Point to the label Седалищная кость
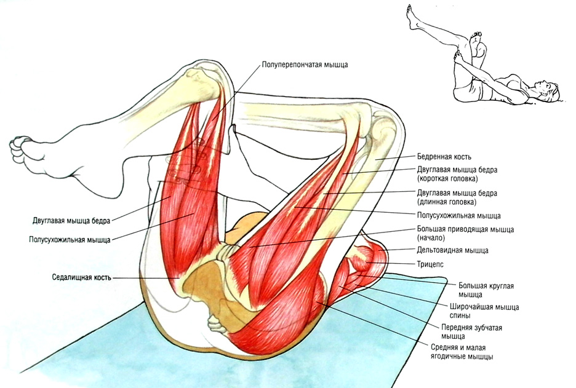81,277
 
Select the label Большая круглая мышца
486,290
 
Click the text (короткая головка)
447,179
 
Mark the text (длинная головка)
446,201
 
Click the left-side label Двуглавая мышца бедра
70,220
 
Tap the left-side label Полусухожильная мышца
70,239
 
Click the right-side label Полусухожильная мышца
458,216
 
